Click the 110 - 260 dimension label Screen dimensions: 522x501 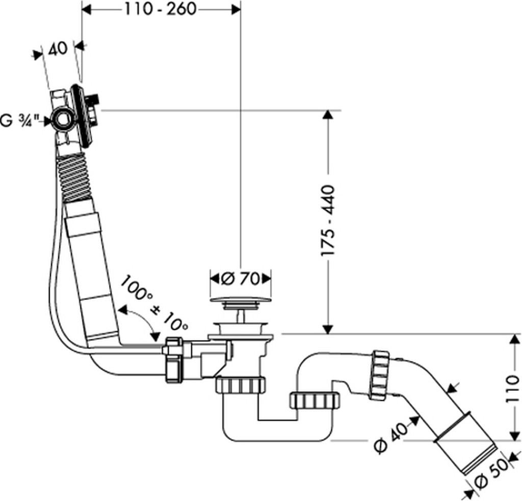tap(161, 10)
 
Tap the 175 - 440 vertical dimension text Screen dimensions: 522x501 tap(327, 221)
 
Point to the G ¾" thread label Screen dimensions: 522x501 tap(20, 120)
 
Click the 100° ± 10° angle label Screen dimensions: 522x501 tap(154, 303)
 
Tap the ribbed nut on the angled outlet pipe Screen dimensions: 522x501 tap(379, 375)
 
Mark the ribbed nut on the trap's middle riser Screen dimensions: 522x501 tap(315, 401)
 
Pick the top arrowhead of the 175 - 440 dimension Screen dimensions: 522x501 tap(328, 115)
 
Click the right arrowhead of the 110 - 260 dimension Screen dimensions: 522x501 tap(236, 10)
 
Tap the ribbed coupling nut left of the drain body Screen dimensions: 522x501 tap(173, 360)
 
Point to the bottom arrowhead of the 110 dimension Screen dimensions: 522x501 tap(514, 435)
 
